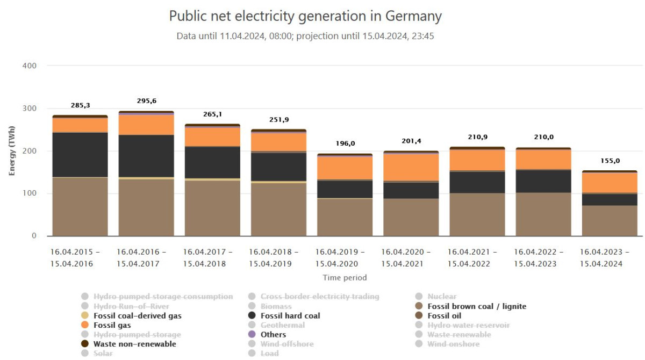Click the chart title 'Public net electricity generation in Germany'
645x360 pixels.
tap(305, 16)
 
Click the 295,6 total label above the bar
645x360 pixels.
tap(146, 101)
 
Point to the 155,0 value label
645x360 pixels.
tap(610, 161)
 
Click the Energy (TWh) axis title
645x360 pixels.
tap(12, 151)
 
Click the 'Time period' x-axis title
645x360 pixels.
tap(345, 278)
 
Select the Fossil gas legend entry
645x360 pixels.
tap(112, 325)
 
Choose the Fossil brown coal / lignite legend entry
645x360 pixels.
tap(476, 306)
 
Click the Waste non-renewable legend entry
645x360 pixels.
tap(134, 344)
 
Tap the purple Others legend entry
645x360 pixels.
tap(273, 335)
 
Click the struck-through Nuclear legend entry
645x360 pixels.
tap(442, 297)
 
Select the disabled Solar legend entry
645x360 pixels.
tap(104, 353)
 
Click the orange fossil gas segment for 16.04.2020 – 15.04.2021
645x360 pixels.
tap(411, 167)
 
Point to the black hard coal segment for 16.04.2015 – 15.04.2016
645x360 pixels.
tap(80, 154)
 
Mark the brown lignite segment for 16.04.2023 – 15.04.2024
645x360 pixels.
tap(610, 220)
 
